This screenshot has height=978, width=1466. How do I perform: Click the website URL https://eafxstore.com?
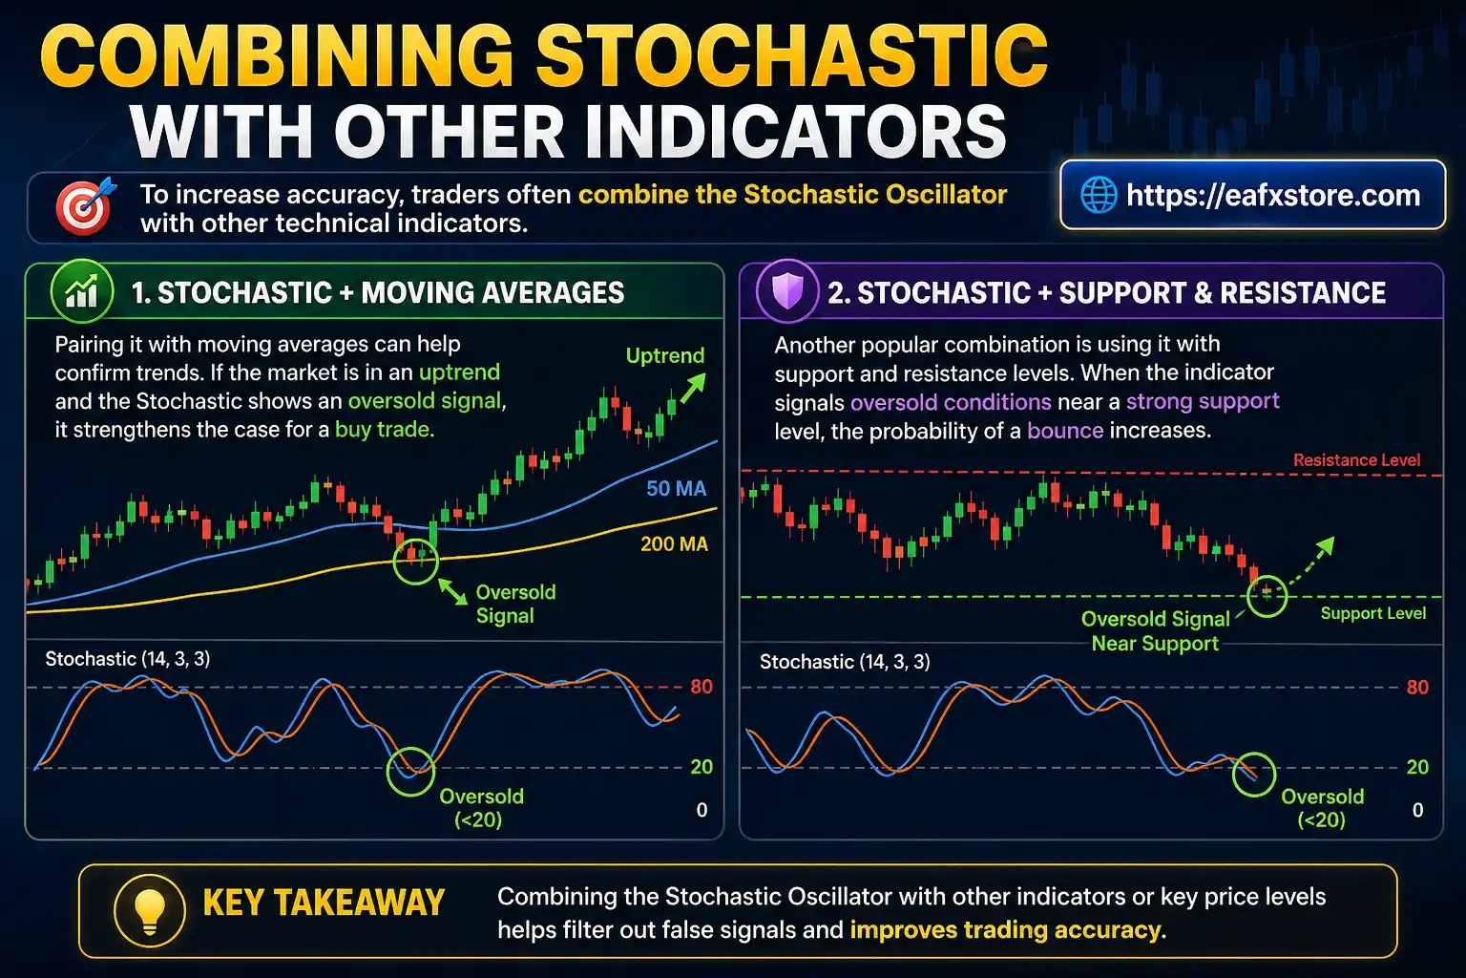click(1272, 196)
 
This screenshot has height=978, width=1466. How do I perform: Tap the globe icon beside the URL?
click(1099, 196)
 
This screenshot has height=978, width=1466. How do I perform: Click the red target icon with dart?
click(85, 206)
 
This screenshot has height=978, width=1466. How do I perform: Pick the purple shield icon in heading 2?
click(787, 291)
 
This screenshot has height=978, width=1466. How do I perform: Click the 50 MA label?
click(676, 489)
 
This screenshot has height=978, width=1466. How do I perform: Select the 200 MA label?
click(674, 544)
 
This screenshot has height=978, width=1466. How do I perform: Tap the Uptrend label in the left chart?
click(664, 356)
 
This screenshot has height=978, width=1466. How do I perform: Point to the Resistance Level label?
click(1356, 460)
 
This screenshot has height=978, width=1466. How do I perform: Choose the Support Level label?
click(1372, 613)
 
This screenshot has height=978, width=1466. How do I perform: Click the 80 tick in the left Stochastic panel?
click(702, 687)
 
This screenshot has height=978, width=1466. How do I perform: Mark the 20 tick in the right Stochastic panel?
click(1417, 767)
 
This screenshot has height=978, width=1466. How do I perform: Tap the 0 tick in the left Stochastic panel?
click(702, 810)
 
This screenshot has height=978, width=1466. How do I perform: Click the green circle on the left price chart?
click(416, 560)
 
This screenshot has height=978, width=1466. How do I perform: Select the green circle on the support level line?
click(1267, 596)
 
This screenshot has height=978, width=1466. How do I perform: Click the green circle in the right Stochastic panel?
click(1253, 774)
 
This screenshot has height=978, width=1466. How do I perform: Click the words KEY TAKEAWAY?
click(324, 904)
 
